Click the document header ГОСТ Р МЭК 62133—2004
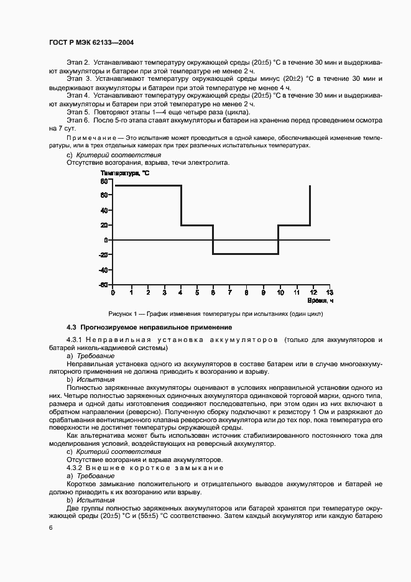[92, 43]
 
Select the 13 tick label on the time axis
[330, 292]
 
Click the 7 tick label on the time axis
[229, 292]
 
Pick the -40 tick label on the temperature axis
[103, 270]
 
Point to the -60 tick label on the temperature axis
[103, 285]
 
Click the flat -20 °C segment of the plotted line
[245, 254]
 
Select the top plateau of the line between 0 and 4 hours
[147, 185]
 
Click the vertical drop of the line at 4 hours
[181, 205]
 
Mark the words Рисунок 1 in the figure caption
[122, 314]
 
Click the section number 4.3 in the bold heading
[72, 327]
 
